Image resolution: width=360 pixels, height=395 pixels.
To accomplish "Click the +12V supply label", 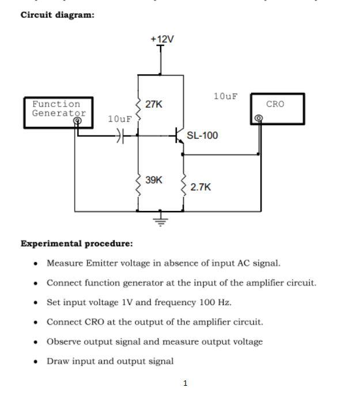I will click(x=162, y=39).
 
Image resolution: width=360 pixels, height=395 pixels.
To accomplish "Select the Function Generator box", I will click(x=58, y=112).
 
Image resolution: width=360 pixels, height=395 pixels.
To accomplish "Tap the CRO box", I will click(x=277, y=108).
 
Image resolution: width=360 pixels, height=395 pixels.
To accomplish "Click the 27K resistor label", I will click(x=154, y=104).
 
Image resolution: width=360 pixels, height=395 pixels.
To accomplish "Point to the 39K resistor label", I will click(x=154, y=180).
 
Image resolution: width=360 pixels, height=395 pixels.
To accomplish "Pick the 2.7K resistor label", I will click(x=200, y=187).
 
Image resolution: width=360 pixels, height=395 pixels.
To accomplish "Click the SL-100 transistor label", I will click(x=202, y=136).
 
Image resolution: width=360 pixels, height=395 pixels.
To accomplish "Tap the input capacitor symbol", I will click(x=119, y=136).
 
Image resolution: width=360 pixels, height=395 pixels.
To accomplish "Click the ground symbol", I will click(x=161, y=220).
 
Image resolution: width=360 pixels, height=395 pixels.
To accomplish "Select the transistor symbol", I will click(x=179, y=137).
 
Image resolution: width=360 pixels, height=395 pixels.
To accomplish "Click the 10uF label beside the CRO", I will click(x=225, y=96).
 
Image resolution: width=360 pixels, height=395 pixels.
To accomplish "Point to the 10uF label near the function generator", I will click(x=120, y=119).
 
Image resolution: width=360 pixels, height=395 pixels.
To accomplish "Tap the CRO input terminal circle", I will click(x=258, y=119).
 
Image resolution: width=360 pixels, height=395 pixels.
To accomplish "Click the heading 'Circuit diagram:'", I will click(x=58, y=15).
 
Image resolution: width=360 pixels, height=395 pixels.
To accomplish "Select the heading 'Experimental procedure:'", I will click(x=77, y=243).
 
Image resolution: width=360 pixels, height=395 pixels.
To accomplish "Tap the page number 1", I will click(x=185, y=383).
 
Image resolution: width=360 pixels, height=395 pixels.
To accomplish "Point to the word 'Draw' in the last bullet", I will click(x=58, y=361).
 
